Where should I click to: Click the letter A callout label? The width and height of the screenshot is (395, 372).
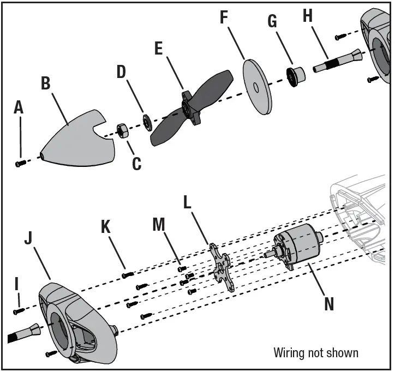[x=19, y=108]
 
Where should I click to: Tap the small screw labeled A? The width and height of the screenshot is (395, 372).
[x=21, y=163]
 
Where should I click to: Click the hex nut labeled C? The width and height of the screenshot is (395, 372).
[x=122, y=131]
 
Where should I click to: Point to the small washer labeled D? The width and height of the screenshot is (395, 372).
[x=147, y=121]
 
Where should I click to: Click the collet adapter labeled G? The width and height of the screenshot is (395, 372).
[x=296, y=75]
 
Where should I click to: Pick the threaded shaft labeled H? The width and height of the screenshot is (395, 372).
[x=333, y=62]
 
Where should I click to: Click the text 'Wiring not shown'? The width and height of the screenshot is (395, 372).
[x=316, y=352]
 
